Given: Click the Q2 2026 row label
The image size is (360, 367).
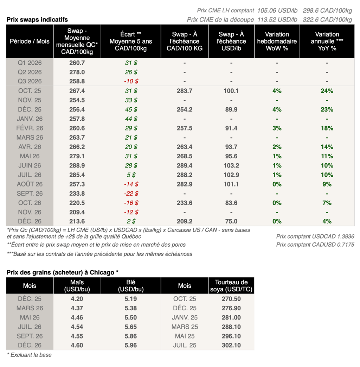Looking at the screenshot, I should (x=30, y=72).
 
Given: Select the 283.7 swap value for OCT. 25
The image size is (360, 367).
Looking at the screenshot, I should (x=185, y=91).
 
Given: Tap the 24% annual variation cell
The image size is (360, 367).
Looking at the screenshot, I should (x=327, y=91).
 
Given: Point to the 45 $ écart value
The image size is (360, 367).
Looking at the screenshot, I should (x=131, y=109).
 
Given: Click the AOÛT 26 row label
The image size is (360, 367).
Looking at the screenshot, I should (x=30, y=184).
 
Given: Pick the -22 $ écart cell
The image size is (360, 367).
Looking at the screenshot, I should (x=131, y=193).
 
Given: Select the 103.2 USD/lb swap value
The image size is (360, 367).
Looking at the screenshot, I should (x=231, y=165).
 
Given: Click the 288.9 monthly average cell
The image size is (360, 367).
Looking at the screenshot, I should (x=77, y=165).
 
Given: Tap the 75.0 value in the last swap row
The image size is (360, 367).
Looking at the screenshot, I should (x=231, y=221).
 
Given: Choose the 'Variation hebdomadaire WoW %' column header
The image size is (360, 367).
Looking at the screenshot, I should (x=277, y=41).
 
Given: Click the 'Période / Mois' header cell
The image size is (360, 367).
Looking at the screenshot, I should (x=30, y=41).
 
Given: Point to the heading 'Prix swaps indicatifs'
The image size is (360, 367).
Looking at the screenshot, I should (x=37, y=19).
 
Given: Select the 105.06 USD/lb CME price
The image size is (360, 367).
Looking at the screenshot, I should (x=277, y=11).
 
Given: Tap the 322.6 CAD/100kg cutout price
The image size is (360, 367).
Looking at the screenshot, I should (x=327, y=19).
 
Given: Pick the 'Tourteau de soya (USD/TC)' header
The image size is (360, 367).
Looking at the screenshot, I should (x=231, y=285).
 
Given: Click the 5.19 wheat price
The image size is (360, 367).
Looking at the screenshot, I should (x=131, y=299).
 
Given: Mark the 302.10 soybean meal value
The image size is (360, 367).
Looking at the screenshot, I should (x=231, y=345).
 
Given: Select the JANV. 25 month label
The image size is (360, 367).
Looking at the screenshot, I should (x=185, y=317).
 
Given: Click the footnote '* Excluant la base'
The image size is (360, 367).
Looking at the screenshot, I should (x=29, y=355).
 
